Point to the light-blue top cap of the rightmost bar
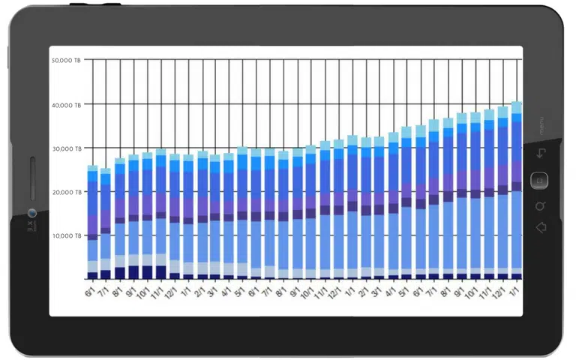[x=517, y=107]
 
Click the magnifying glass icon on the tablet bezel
[x=540, y=205]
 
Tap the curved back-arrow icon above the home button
[x=540, y=154]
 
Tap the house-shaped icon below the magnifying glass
[x=540, y=227]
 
